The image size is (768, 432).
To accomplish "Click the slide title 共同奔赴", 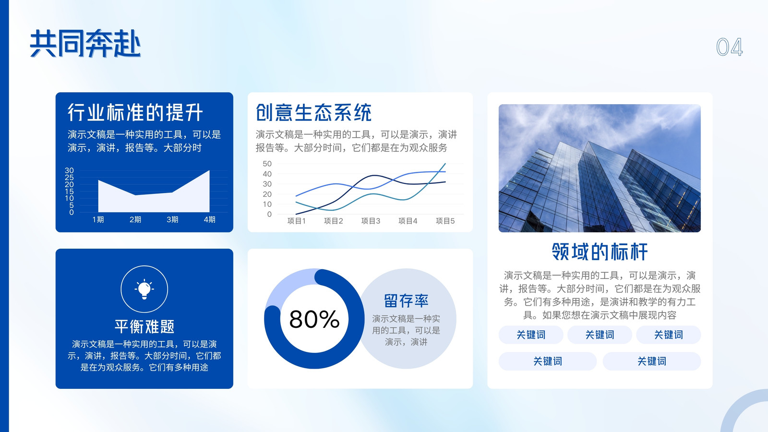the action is tap(85, 44).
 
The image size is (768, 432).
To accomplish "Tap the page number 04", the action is tap(730, 47).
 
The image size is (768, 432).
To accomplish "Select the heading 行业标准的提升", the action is tap(135, 112).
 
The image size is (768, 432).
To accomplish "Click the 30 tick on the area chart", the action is tap(69, 170).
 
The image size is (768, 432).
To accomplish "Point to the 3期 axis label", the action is tap(172, 219).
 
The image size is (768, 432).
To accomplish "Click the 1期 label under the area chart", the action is tap(98, 219).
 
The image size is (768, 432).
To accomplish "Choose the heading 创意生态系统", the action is tap(314, 112).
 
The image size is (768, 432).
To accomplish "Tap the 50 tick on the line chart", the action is tap(267, 164).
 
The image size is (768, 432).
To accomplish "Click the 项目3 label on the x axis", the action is tap(371, 221).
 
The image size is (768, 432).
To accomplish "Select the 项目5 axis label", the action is tap(445, 221).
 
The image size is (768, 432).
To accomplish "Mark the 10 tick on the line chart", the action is tap(267, 204).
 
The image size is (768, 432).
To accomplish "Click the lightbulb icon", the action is tap(144, 289).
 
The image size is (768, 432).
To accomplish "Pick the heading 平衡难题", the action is tap(144, 326).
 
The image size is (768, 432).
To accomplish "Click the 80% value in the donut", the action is tap(314, 319).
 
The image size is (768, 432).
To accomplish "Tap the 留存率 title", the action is tap(406, 300).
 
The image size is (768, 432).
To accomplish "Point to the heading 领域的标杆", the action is tap(600, 252).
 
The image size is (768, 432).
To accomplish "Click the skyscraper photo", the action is tap(600, 168).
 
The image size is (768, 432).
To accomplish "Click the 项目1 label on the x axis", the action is tap(296, 221).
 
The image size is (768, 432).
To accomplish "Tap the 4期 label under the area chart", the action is tap(209, 219).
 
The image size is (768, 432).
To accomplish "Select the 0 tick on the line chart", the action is tap(269, 214).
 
